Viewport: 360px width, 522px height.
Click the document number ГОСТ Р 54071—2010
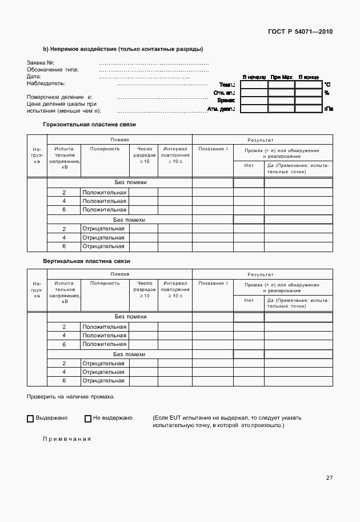tap(299, 31)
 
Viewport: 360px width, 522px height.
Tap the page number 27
tap(329, 478)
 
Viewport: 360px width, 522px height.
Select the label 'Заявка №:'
tap(41, 62)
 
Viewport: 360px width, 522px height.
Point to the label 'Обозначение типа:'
tap(53, 70)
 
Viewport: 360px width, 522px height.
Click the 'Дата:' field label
tap(34, 77)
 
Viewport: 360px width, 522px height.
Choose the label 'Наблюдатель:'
tap(46, 83)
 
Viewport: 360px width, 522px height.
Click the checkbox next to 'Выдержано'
tap(30, 419)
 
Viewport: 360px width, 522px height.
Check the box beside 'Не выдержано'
tap(88, 419)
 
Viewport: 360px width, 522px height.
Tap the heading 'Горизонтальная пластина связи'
tap(90, 124)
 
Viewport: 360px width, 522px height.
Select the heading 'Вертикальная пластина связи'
tap(87, 261)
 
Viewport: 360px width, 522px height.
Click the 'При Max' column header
tap(281, 77)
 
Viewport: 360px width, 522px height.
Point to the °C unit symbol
tap(327, 84)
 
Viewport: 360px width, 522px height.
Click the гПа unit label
tap(328, 108)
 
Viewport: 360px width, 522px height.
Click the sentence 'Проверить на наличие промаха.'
tap(71, 396)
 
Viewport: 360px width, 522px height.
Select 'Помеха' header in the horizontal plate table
tap(119, 140)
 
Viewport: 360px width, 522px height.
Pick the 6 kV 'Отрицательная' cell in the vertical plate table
tap(103, 380)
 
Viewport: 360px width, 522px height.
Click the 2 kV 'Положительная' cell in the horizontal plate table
tap(104, 193)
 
